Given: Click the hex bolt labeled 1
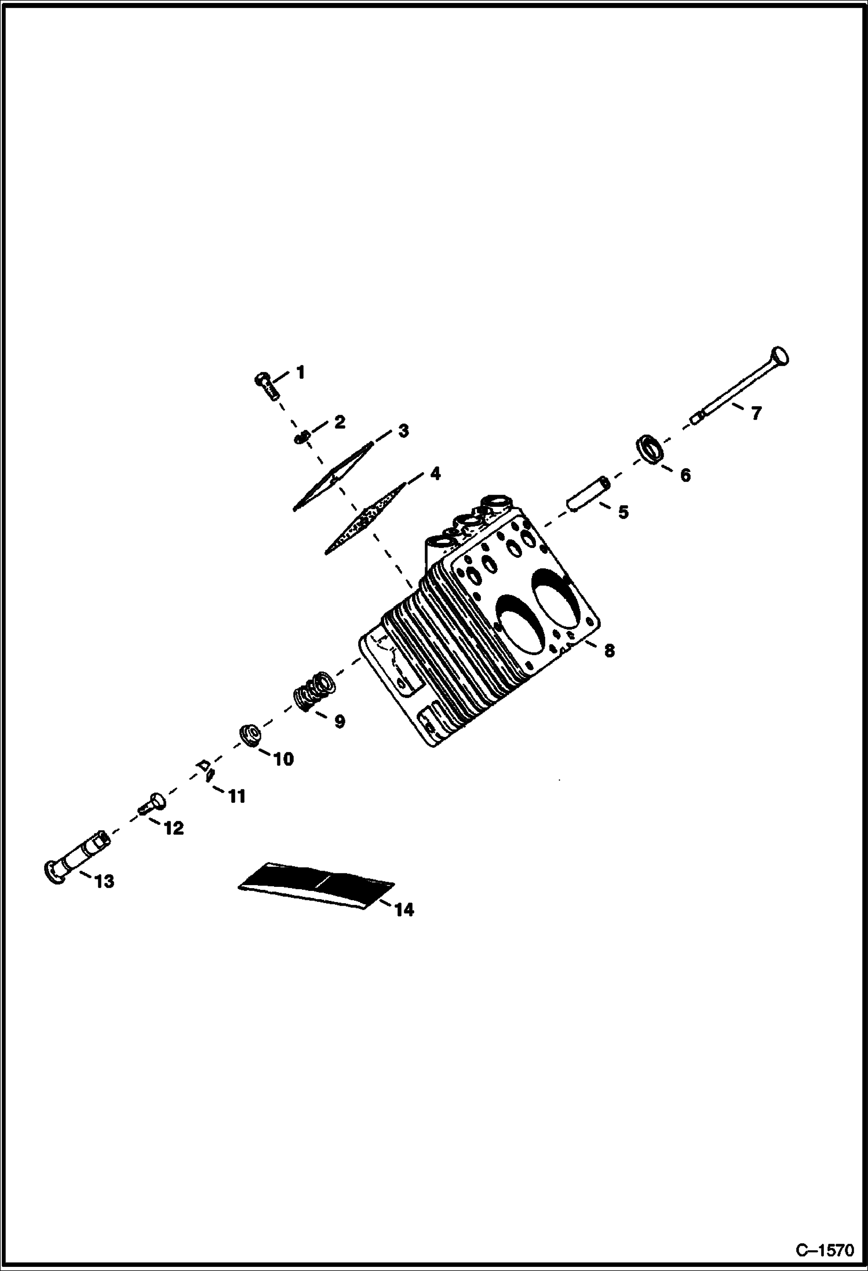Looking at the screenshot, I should pos(267,384).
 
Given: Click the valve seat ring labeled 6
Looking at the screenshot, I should pos(650,449).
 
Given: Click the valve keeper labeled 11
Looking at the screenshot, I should pos(206,770).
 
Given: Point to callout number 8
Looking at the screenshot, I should pos(609,651).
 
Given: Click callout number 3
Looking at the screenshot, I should pos(403,430).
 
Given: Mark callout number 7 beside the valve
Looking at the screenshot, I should pos(756,413).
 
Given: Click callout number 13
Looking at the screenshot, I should pos(104,881).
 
